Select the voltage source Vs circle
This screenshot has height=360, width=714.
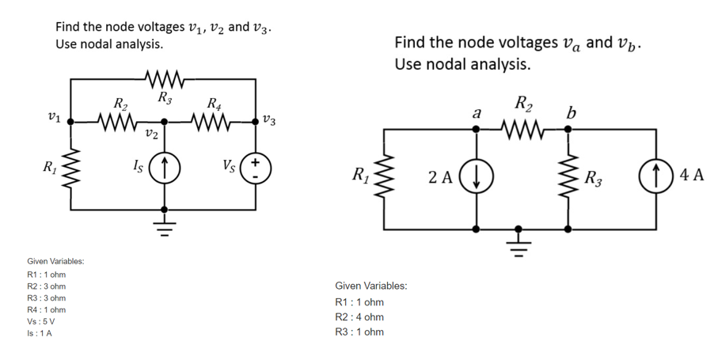tap(255, 167)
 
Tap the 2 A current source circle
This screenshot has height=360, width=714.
tap(476, 176)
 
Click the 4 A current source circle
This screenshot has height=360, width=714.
tap(657, 176)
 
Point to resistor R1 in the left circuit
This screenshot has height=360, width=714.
tap(72, 167)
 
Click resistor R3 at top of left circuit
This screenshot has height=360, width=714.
tap(165, 79)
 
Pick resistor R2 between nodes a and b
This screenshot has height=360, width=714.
tap(523, 129)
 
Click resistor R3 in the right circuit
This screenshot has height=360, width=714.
tap(568, 176)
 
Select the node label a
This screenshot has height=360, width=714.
tap(476, 113)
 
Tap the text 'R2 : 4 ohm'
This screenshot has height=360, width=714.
tap(359, 316)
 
